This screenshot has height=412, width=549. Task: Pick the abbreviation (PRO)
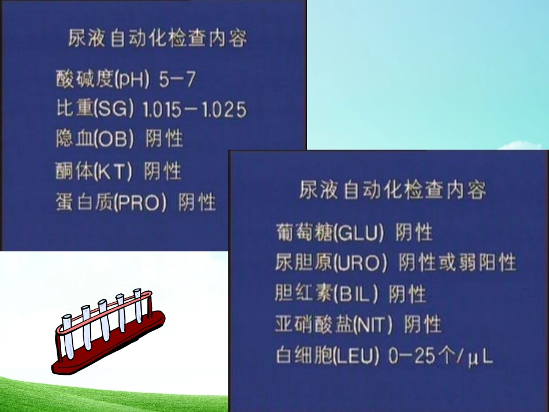[140, 202]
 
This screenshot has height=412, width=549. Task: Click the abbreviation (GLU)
[359, 233]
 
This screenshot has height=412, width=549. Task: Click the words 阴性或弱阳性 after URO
[457, 263]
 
